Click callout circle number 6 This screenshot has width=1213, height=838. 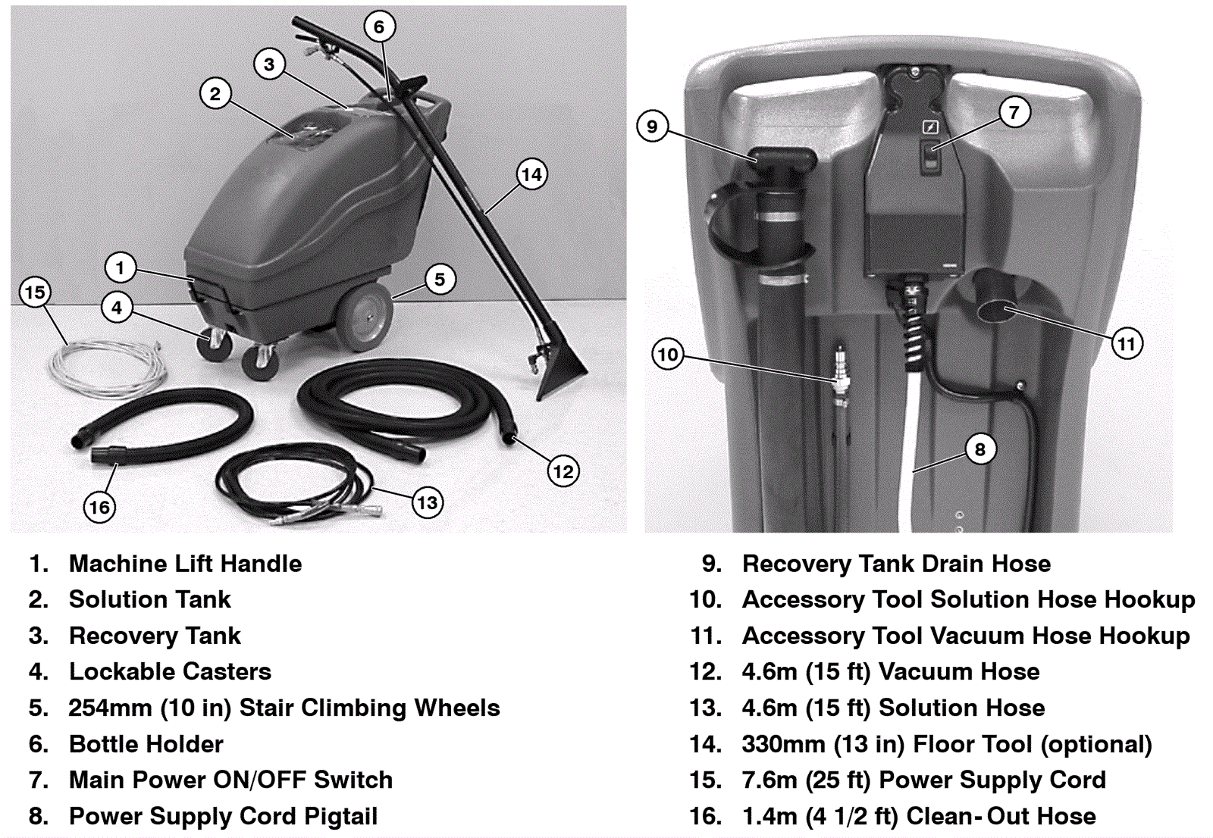click(x=379, y=27)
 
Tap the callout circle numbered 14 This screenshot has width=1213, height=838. click(x=531, y=175)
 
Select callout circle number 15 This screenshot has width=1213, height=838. click(x=35, y=292)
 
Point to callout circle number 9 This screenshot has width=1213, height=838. click(x=652, y=126)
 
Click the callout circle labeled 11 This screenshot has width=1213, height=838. click(x=1127, y=344)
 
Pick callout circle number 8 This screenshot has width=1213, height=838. click(x=979, y=449)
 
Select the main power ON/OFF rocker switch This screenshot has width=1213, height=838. click(x=930, y=156)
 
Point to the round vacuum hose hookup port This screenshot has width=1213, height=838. click(x=999, y=311)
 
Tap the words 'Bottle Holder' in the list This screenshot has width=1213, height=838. click(x=146, y=744)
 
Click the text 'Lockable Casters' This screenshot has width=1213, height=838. click(x=170, y=671)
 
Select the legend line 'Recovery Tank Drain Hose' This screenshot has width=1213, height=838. click(x=896, y=564)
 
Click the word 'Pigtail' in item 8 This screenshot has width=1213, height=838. click(x=340, y=816)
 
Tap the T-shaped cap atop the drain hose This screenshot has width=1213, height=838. click(x=785, y=158)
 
